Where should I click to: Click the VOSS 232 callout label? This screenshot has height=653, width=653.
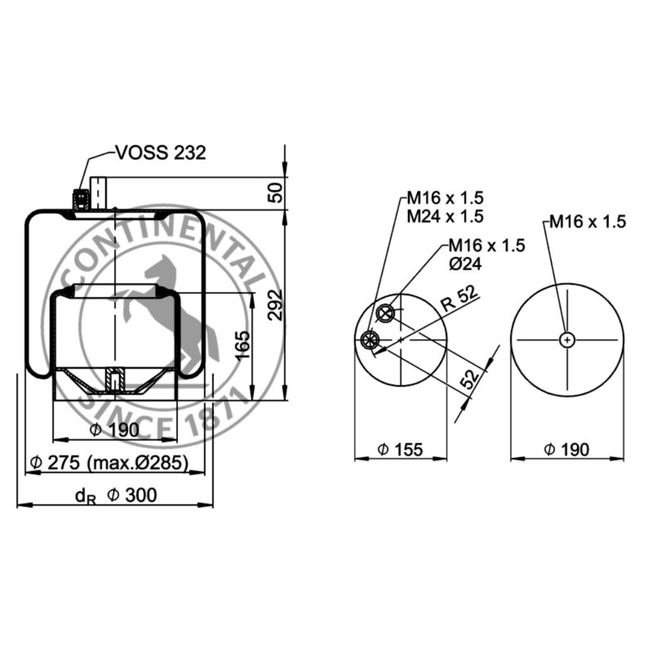161,153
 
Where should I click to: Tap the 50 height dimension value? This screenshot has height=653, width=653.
275,192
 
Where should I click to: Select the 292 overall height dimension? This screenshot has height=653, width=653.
275,305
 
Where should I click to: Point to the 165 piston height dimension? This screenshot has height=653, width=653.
242,345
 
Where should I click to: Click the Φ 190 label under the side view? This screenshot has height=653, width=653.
115,430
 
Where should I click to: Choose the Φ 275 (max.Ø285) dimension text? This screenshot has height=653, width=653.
110,462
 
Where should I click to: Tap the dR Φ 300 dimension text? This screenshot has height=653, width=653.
116,495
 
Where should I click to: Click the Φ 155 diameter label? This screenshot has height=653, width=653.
400,450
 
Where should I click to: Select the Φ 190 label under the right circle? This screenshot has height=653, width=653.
566,450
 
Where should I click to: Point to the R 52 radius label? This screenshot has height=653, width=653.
459,298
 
